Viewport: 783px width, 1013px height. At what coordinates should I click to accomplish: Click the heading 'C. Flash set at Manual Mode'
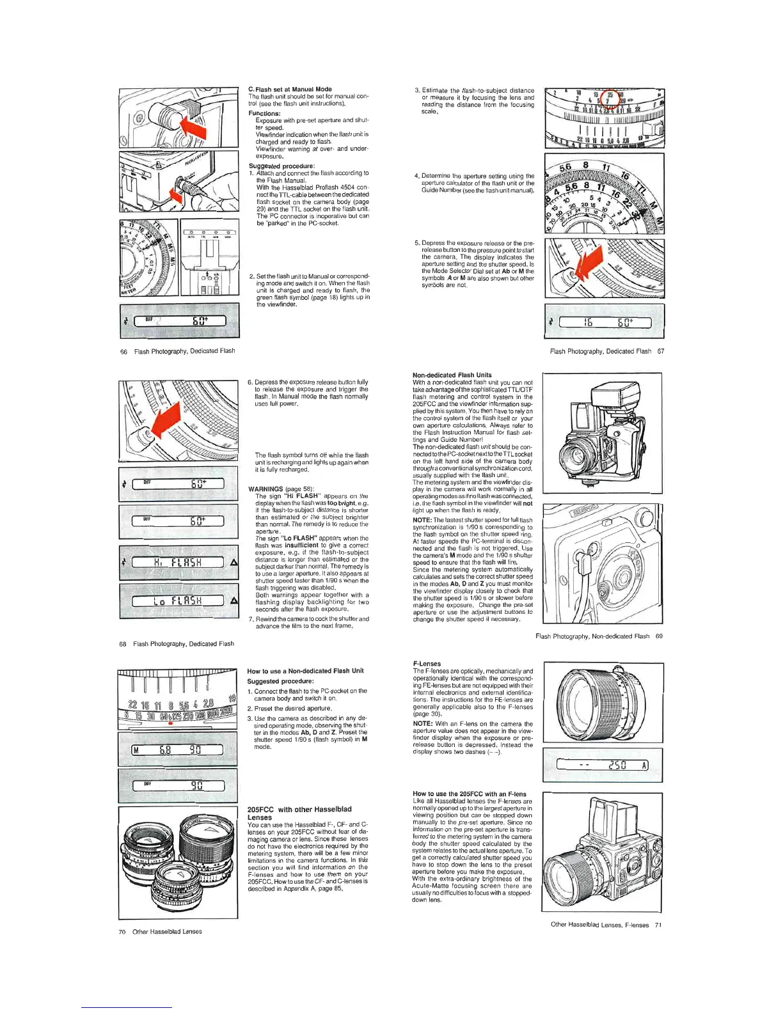(x=289, y=89)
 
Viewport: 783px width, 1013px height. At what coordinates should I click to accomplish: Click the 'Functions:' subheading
(x=264, y=113)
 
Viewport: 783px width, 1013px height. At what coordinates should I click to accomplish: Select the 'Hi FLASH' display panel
(x=178, y=562)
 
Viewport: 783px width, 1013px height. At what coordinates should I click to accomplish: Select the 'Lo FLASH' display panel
(x=178, y=601)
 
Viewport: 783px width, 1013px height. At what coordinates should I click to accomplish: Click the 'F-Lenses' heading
(x=427, y=664)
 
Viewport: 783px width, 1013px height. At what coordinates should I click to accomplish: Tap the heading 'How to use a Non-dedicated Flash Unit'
(x=305, y=671)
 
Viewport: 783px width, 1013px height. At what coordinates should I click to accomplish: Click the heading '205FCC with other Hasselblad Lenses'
(x=299, y=813)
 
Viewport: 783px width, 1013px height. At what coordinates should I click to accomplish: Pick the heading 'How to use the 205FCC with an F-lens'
(x=470, y=794)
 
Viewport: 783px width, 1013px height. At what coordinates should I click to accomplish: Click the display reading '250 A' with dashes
(x=603, y=765)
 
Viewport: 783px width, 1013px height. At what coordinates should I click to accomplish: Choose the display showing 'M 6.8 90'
(x=177, y=750)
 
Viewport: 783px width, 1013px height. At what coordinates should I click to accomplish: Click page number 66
(x=123, y=352)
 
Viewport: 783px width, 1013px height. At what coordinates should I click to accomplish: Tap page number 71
(x=658, y=925)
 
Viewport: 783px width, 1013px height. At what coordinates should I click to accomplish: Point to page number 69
(x=659, y=636)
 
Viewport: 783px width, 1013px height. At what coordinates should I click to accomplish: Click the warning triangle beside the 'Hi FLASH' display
(x=233, y=563)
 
